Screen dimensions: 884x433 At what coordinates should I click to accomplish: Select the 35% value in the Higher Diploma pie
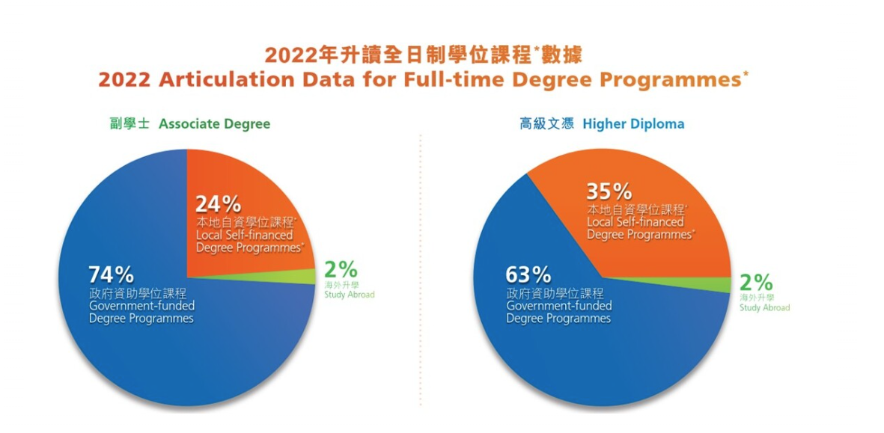609,192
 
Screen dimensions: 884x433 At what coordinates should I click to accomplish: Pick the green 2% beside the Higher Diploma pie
756,281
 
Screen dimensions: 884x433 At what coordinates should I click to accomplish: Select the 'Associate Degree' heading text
214,124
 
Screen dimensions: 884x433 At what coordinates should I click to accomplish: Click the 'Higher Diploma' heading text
634,124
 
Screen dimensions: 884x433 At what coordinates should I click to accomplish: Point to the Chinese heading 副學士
130,124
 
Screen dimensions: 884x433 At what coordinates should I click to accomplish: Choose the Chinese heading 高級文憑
547,124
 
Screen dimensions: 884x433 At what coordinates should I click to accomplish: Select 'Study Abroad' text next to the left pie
349,295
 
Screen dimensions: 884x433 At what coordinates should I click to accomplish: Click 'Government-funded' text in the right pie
558,307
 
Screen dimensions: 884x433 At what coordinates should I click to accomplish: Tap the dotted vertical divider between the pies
421,270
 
